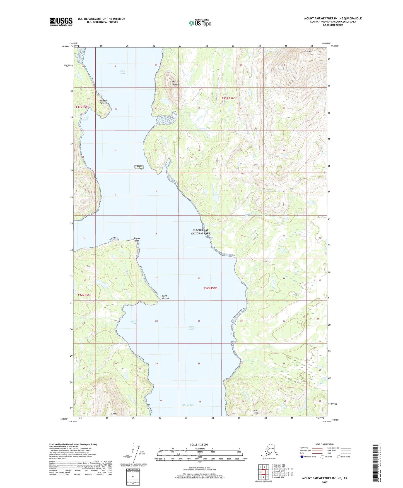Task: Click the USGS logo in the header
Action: pos(61,22)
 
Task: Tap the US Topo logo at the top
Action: pos(200,23)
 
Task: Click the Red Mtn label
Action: pos(308,51)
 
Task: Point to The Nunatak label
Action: pos(175,83)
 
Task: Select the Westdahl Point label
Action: pos(104,102)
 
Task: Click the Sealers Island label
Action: pos(139,167)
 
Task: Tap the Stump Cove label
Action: pos(85,119)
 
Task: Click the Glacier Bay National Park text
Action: pos(201,232)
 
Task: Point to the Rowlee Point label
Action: pos(137,240)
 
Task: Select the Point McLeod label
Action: pos(165,297)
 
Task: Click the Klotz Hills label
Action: pos(256,411)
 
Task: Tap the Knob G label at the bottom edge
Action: pos(115,413)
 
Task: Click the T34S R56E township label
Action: pos(210,288)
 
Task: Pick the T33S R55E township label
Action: pos(82,107)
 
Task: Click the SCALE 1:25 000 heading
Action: pos(199,444)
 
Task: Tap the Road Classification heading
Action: pos(325,444)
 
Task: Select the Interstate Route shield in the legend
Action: pos(302,457)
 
